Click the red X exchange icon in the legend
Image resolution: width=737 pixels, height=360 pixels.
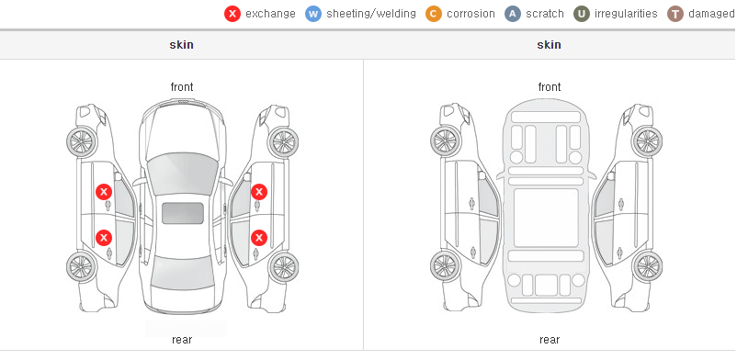coord(232,14)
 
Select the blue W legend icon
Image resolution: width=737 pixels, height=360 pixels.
coord(313,14)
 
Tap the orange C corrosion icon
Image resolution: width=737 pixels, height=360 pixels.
coord(434,14)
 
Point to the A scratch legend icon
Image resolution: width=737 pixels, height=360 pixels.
coord(513,14)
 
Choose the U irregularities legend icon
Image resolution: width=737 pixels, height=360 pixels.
coord(582,14)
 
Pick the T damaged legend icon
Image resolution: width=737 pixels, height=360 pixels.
coord(675,14)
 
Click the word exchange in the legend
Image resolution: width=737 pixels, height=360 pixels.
coord(270,14)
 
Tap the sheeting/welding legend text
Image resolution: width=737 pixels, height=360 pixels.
coord(371,14)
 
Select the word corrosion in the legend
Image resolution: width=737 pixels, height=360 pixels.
coord(471,14)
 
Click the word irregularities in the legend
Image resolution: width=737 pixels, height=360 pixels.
coord(626,14)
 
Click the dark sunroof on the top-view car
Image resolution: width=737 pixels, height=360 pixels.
coord(183,213)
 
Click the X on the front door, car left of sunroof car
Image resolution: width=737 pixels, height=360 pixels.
coord(104,192)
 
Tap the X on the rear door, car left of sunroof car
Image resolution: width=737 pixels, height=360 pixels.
coord(104,238)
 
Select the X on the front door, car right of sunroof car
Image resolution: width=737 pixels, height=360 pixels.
coord(259,192)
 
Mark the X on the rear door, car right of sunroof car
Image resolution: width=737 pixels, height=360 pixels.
coord(259,238)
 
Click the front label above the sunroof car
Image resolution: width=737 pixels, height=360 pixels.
coord(182,87)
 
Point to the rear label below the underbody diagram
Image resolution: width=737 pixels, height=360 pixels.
coord(550,340)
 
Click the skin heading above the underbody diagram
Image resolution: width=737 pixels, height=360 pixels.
coord(549,45)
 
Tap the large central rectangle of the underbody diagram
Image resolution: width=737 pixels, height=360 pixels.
coord(546,218)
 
